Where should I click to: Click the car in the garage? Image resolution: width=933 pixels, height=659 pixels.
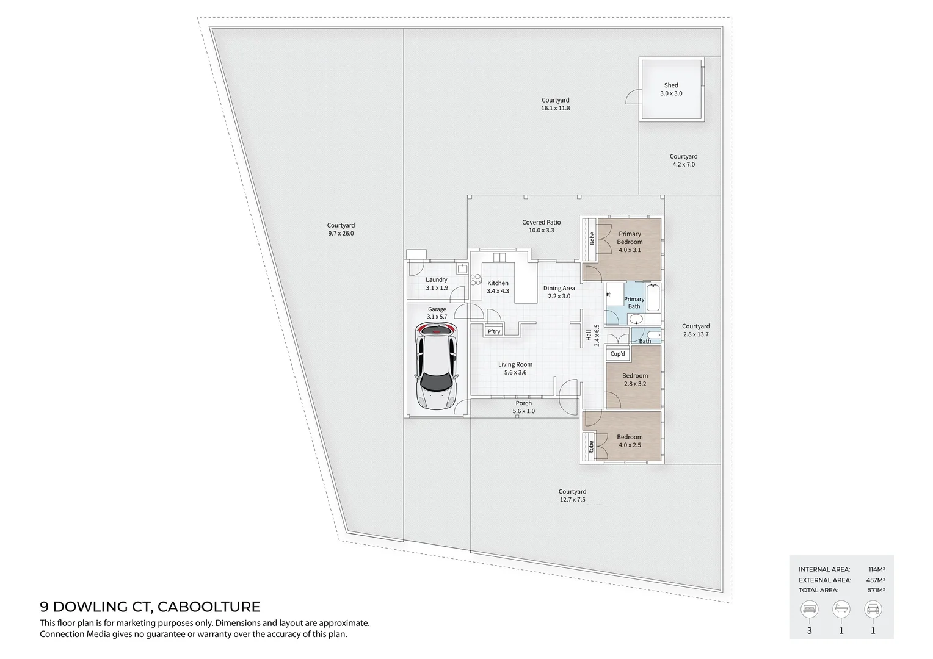(437, 366)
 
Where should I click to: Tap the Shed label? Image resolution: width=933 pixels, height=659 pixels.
(671, 85)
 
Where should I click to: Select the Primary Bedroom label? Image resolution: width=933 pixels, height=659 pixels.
(630, 238)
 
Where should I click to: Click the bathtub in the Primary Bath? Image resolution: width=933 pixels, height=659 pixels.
(653, 297)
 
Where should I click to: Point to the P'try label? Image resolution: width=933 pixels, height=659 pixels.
(494, 331)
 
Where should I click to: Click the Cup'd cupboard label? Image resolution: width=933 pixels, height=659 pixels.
(618, 354)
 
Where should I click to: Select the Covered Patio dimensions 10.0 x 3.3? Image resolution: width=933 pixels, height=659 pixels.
(542, 230)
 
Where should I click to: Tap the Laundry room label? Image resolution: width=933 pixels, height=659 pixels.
(437, 279)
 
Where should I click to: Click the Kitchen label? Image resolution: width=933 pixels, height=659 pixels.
(498, 283)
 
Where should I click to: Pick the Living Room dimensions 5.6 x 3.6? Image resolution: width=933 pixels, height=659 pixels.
(515, 373)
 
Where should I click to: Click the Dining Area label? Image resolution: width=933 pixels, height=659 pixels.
(559, 288)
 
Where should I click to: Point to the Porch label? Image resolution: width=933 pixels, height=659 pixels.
(523, 403)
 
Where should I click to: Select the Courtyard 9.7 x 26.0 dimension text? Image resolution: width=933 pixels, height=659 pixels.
(341, 234)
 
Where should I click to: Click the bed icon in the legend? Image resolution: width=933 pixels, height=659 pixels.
(809, 610)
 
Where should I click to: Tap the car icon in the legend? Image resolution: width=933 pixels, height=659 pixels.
(873, 610)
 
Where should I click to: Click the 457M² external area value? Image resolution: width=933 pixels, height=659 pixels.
(877, 580)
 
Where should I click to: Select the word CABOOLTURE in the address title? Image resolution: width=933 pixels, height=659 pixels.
(209, 607)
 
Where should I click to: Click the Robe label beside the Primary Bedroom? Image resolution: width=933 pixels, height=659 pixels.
(592, 239)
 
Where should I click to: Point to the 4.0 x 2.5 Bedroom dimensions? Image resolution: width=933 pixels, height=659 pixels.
(630, 445)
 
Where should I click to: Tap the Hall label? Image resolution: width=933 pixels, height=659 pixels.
(589, 335)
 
